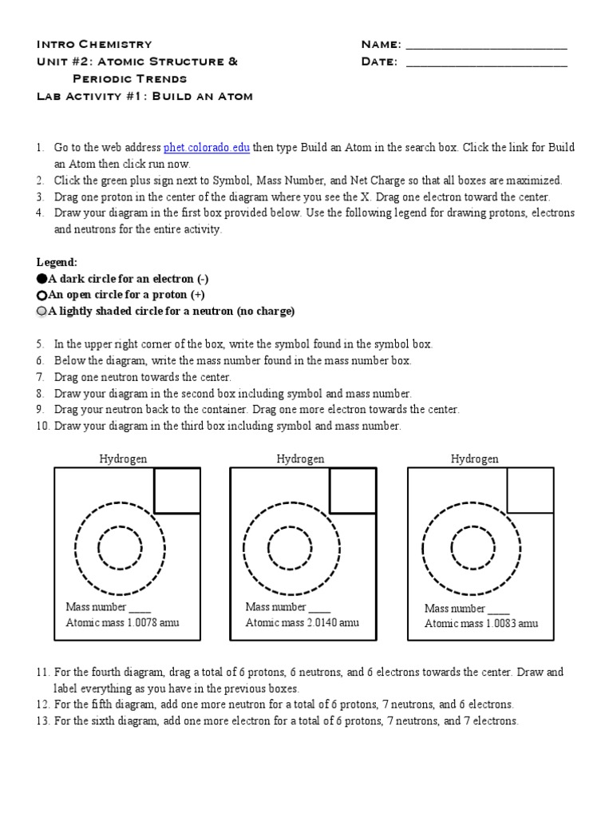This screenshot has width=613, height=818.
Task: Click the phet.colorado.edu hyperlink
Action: pos(207,148)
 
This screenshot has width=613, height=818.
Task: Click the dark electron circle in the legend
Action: pos(42,279)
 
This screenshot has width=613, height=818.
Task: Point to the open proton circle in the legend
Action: pos(42,296)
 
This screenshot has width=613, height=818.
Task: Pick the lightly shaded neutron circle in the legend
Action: pos(42,312)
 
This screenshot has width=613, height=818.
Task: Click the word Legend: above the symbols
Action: pos(57,262)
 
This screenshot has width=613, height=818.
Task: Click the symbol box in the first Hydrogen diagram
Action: pos(176,490)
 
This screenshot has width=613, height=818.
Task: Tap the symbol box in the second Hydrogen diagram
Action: pos(352,490)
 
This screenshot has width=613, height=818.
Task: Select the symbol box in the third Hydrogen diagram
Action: pos(529,490)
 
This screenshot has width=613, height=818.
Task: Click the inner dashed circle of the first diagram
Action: pos(120,548)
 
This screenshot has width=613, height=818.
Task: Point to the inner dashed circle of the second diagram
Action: pos(290,548)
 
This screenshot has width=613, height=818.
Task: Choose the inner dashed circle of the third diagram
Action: pos(473,548)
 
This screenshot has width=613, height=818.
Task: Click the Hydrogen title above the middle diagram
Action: pos(301,459)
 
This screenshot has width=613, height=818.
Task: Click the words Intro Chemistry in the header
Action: pos(94,44)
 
